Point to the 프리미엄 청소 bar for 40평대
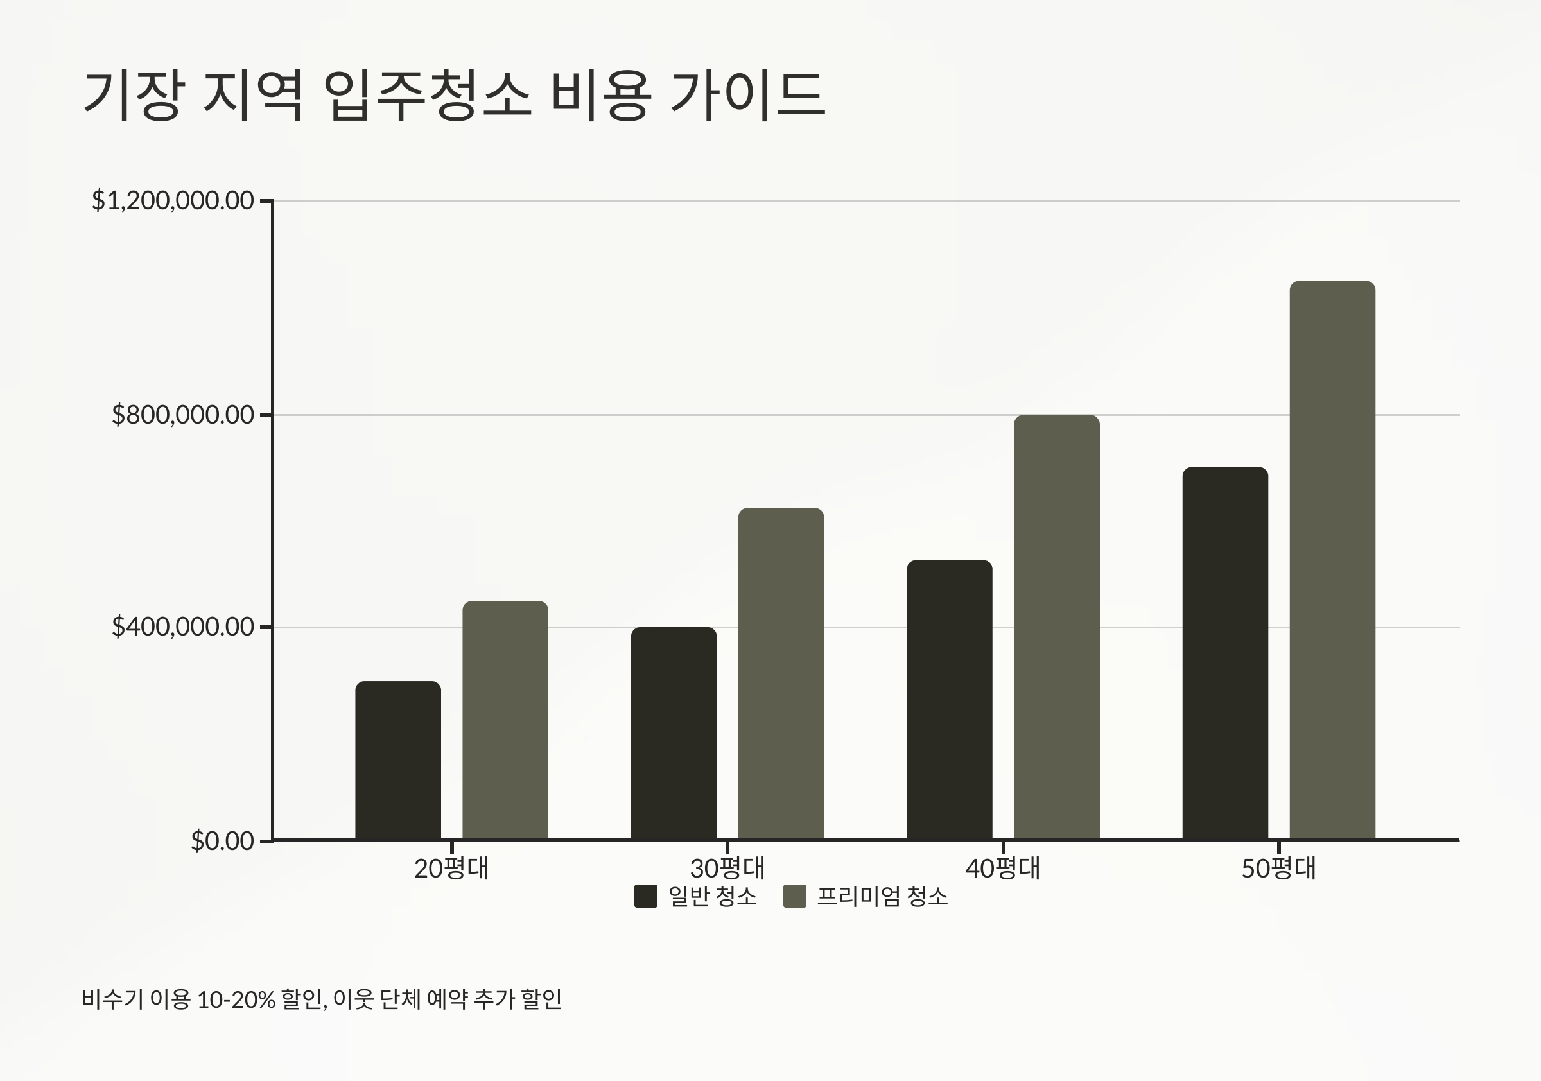(x=1057, y=627)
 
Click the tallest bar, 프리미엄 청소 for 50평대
(x=1333, y=560)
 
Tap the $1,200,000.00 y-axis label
(x=173, y=200)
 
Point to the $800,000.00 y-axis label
(x=182, y=415)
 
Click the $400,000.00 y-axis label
(x=182, y=627)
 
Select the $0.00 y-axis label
(x=222, y=841)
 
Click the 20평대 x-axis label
(x=451, y=869)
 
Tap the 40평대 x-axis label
(x=1003, y=869)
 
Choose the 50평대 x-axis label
(x=1278, y=869)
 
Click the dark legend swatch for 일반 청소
(x=646, y=897)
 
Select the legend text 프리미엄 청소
(x=882, y=897)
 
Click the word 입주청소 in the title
(x=427, y=95)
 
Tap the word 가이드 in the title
(x=747, y=95)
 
